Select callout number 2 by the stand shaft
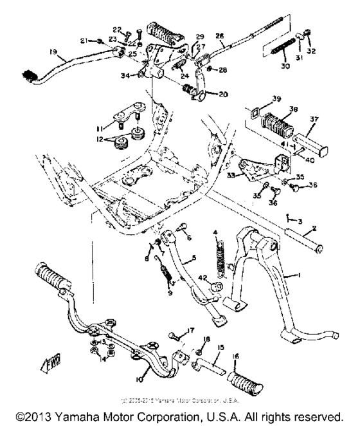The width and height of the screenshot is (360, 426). (x=314, y=228)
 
